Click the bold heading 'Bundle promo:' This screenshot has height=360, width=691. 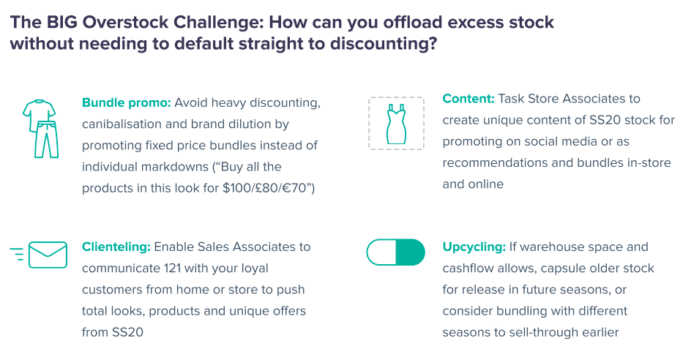point(126,103)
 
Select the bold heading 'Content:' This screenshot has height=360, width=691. point(468,99)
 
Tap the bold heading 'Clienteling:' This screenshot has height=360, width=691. point(116,247)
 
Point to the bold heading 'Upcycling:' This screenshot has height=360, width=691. point(474,247)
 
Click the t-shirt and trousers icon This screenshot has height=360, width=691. point(40,129)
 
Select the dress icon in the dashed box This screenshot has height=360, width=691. point(396,124)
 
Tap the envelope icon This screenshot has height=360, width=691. point(48,255)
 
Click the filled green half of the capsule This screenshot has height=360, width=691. point(410,252)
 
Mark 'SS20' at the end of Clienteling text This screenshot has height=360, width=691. point(127,332)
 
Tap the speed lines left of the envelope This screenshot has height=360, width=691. point(17,255)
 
